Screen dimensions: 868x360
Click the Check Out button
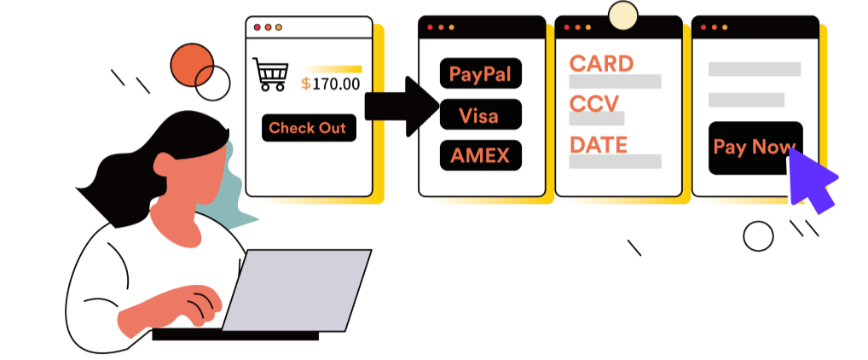309,128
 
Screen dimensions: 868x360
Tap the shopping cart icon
270,74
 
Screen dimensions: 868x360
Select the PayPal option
480,73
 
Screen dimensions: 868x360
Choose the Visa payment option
480,115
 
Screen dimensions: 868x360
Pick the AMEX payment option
480,155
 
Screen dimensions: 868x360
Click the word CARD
601,63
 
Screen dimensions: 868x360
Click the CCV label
595,104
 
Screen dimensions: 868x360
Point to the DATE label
599,144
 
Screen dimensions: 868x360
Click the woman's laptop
298,288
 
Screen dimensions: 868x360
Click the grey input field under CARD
615,82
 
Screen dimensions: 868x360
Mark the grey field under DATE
615,161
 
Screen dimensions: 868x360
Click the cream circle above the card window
623,15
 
